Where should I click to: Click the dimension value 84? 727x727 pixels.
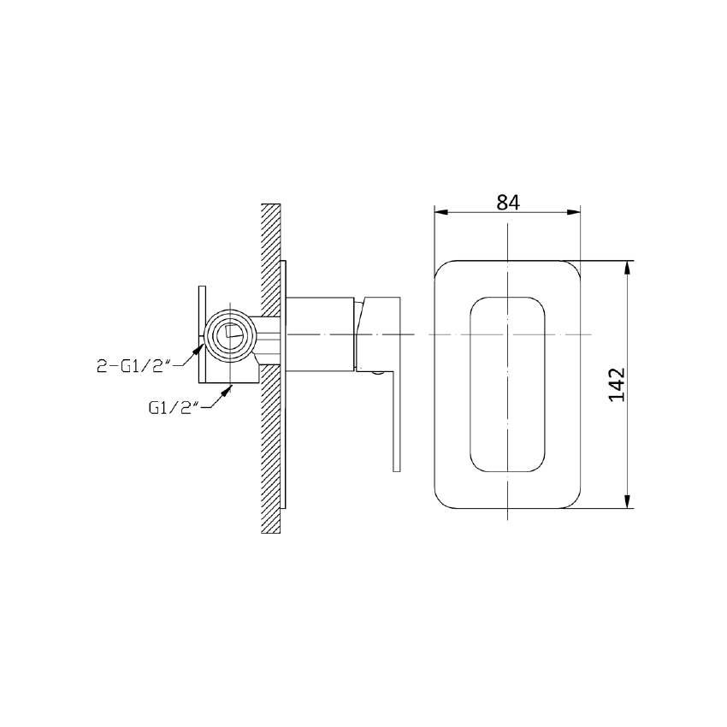[507, 202]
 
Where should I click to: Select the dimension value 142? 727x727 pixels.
[619, 385]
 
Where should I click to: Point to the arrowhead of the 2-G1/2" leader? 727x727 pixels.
[201, 343]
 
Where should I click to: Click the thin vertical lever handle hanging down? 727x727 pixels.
[395, 419]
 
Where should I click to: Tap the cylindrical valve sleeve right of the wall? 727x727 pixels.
[318, 334]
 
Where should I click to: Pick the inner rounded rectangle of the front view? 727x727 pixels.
[508, 385]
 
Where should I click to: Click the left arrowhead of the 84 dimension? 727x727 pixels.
[440, 213]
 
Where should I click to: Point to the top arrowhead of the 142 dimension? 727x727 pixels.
[629, 266]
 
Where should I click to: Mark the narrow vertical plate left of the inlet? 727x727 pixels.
[202, 334]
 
